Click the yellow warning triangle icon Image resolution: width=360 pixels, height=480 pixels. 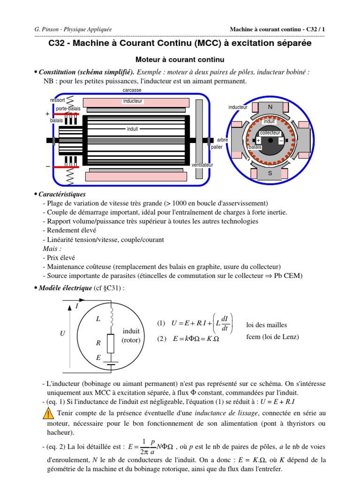[48, 413]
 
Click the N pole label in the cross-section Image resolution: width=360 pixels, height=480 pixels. [270, 107]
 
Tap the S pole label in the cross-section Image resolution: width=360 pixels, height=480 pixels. [270, 173]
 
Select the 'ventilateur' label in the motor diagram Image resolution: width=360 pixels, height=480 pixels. [202, 165]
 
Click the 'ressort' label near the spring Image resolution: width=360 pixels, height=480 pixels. [58, 100]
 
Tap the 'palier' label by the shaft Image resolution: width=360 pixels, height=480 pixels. [217, 147]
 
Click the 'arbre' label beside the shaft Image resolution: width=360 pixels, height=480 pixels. [223, 140]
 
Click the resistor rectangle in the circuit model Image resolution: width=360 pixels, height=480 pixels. [111, 344]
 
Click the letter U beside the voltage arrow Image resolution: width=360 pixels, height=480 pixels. [62, 334]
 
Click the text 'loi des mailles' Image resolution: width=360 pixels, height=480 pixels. [267, 325]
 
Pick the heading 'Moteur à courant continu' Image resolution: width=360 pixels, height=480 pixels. [180, 60]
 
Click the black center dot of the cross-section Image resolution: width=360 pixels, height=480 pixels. [270, 140]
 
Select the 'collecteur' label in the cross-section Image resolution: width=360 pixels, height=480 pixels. [270, 133]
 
